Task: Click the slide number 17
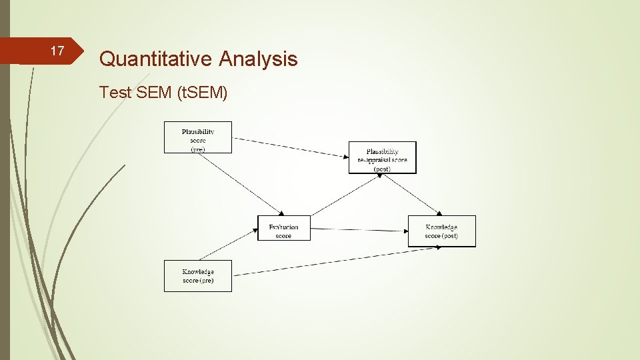(57, 51)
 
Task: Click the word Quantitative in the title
(155, 59)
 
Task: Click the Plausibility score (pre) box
(198, 137)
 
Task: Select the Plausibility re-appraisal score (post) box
(382, 158)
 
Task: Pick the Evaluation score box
(284, 228)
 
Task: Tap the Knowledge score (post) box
(441, 231)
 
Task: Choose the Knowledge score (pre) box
(198, 276)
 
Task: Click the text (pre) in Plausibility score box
(198, 149)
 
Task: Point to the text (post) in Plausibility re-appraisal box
(382, 169)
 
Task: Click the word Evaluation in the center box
(284, 227)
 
